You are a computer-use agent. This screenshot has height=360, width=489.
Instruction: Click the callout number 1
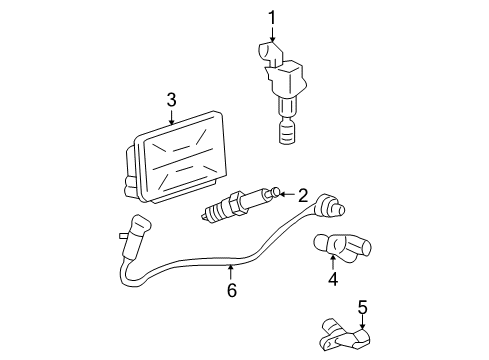pos(271,17)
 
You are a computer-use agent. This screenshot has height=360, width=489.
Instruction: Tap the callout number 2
pos(302,195)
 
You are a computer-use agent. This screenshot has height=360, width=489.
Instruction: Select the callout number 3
pos(171,99)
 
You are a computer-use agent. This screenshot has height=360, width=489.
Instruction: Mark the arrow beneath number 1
pos(271,35)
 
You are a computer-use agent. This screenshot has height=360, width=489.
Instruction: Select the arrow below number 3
pos(171,117)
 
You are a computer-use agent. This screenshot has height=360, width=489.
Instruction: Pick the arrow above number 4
pos(332,261)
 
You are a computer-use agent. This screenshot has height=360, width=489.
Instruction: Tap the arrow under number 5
pos(363,322)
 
